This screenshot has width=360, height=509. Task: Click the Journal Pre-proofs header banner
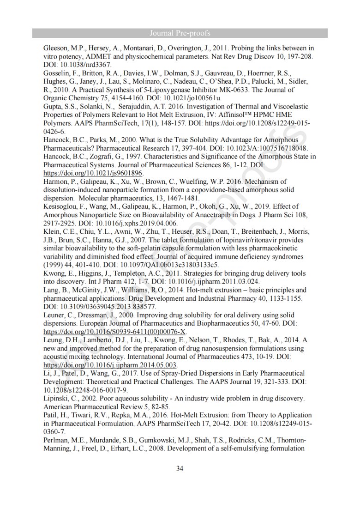(x=180, y=33)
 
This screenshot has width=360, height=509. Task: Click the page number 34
(x=180, y=468)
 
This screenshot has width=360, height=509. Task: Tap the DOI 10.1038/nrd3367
(x=83, y=65)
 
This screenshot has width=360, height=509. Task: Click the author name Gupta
(x=52, y=106)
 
